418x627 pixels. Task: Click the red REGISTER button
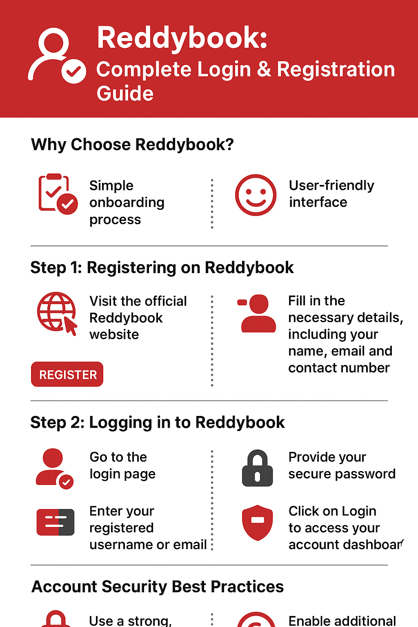tap(67, 374)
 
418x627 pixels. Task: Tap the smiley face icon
tap(256, 195)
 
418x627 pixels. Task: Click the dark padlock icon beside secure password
tap(257, 468)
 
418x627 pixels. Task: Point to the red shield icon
tap(257, 522)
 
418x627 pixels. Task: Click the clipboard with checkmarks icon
tap(58, 194)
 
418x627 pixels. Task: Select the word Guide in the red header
tap(125, 93)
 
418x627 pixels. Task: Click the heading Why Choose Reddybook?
tap(132, 145)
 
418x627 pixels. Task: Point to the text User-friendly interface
tap(331, 194)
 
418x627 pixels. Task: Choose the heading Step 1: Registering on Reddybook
tap(162, 267)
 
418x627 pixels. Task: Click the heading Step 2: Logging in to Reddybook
tap(158, 422)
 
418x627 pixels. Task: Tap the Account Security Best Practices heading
tap(158, 587)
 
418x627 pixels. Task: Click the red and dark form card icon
tap(56, 522)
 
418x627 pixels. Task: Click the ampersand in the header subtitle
tap(264, 69)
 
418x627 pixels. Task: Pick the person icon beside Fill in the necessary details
tap(257, 313)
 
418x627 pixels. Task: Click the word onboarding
tap(127, 202)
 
